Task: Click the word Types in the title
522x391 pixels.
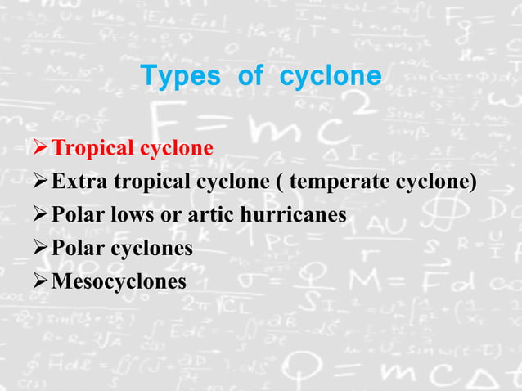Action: pyautogui.click(x=181, y=77)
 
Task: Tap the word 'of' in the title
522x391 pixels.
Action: pyautogui.click(x=250, y=77)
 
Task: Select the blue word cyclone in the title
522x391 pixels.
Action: pyautogui.click(x=331, y=77)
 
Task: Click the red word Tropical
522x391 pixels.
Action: pyautogui.click(x=92, y=149)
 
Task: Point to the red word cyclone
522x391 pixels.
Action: pyautogui.click(x=176, y=149)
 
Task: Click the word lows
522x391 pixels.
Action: pyautogui.click(x=125, y=216)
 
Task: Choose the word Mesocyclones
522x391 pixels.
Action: pyautogui.click(x=118, y=282)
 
